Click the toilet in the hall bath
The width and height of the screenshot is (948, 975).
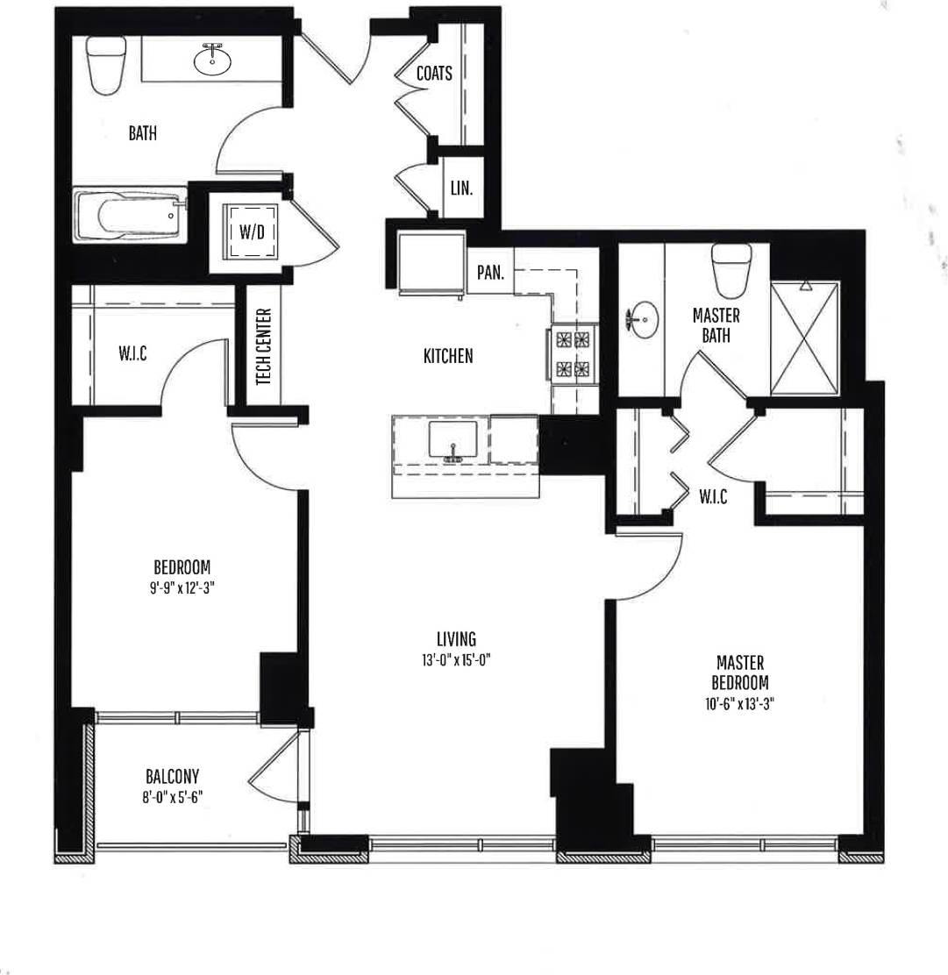(x=107, y=66)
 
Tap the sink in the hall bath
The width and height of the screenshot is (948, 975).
(x=211, y=60)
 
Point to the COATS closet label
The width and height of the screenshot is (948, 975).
(x=434, y=74)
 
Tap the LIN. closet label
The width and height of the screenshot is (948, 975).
(x=462, y=188)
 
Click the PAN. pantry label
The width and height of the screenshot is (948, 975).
(x=490, y=272)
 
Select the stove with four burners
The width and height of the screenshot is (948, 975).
(x=574, y=353)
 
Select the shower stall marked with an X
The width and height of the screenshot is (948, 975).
(x=804, y=338)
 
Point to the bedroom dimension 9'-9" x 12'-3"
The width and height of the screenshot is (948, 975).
(x=182, y=588)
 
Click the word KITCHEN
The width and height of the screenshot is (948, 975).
(x=448, y=356)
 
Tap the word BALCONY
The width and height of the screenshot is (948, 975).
(x=172, y=776)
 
